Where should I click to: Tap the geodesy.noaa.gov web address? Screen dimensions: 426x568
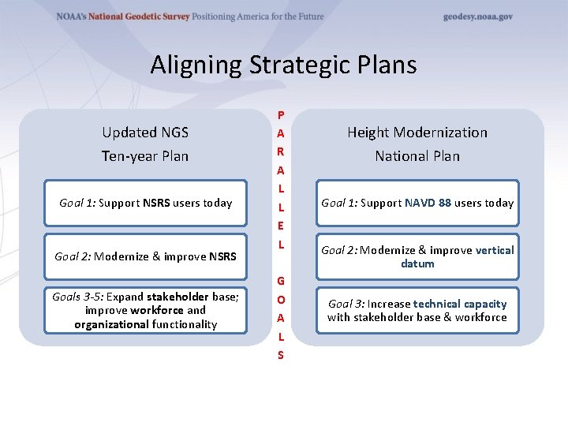click(477, 17)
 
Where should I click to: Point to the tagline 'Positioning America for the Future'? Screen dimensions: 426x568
click(258, 17)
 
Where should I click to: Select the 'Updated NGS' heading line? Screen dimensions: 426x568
click(145, 132)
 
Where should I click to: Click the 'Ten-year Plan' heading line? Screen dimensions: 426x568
click(145, 155)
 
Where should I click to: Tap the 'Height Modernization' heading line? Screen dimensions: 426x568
click(417, 132)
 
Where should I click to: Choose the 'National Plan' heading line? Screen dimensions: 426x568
click(417, 155)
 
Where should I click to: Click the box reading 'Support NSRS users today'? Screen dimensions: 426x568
click(145, 203)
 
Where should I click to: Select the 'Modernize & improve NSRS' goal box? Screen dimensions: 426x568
click(145, 256)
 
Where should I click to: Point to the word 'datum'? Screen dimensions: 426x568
click(417, 263)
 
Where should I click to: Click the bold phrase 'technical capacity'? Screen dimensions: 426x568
click(460, 304)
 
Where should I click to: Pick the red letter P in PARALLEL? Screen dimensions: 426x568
click(281, 115)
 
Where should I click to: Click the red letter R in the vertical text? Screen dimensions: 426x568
click(281, 151)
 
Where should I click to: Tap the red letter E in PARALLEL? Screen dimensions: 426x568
click(281, 226)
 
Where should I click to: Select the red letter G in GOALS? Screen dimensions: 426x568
click(281, 281)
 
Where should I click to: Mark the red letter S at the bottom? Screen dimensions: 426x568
click(281, 355)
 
